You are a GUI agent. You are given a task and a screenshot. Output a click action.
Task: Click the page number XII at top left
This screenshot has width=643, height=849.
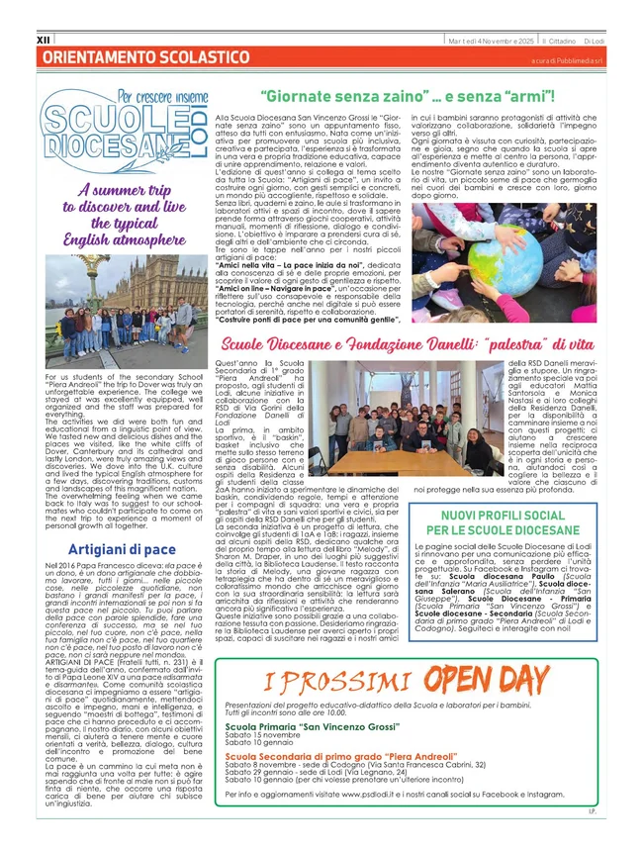[x=43, y=41]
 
